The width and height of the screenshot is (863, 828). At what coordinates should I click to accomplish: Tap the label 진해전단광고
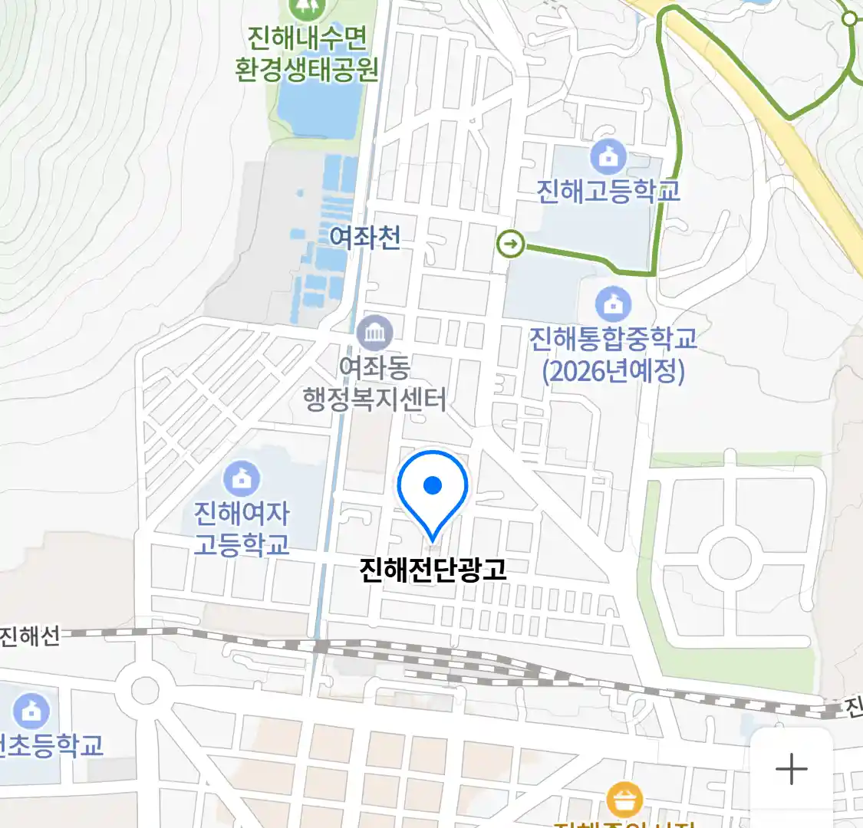click(x=433, y=570)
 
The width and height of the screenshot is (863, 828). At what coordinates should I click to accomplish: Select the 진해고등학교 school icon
click(x=608, y=157)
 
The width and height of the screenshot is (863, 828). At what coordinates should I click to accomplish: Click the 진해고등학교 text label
click(x=608, y=190)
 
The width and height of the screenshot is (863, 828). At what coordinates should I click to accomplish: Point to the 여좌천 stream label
click(x=364, y=238)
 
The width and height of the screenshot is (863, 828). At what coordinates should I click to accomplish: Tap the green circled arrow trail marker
click(x=511, y=245)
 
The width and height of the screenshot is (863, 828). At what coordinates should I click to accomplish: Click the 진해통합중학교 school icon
click(x=613, y=304)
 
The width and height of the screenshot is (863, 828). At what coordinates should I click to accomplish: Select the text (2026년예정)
click(x=613, y=372)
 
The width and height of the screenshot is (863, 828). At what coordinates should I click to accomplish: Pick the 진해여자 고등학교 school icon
click(x=242, y=478)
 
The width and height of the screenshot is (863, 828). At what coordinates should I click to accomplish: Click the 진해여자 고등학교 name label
click(x=242, y=528)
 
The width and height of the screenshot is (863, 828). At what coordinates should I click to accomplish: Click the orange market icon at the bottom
click(x=624, y=800)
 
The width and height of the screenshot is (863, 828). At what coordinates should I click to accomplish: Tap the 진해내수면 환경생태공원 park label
click(x=307, y=53)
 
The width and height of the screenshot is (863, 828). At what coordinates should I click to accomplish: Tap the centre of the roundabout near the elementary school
click(x=144, y=690)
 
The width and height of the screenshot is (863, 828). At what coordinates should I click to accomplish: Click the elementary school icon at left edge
click(x=31, y=711)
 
